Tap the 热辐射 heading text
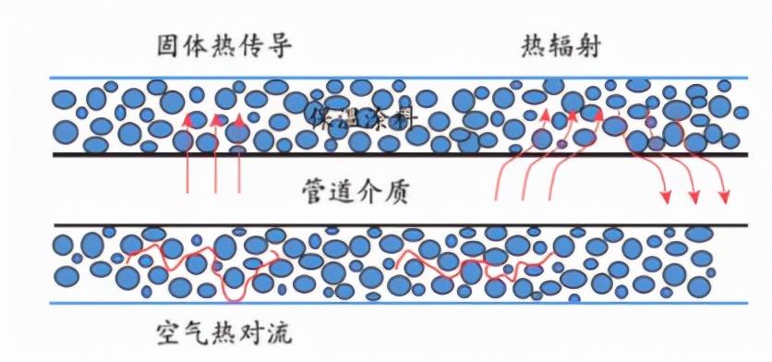[x=557, y=45]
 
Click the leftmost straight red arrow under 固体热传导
[x=188, y=157]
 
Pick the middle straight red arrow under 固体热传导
[x=216, y=157]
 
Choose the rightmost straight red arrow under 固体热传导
[x=240, y=157]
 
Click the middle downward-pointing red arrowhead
[x=694, y=198]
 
